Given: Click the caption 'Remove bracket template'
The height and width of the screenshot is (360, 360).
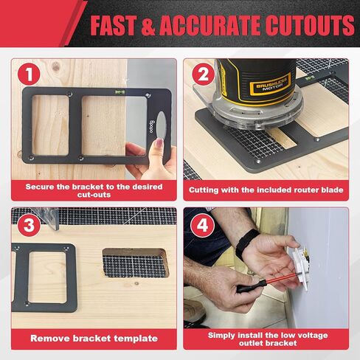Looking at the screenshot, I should [94, 339].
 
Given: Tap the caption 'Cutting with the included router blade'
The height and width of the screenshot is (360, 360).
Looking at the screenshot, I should [266, 190].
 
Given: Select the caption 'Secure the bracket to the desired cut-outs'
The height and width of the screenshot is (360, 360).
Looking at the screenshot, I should [94, 191].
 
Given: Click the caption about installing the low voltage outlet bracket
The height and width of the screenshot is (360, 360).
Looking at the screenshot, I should [266, 339].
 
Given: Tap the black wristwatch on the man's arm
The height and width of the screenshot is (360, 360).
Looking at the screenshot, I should [246, 243].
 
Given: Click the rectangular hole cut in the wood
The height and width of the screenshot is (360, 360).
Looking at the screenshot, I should [134, 263].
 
